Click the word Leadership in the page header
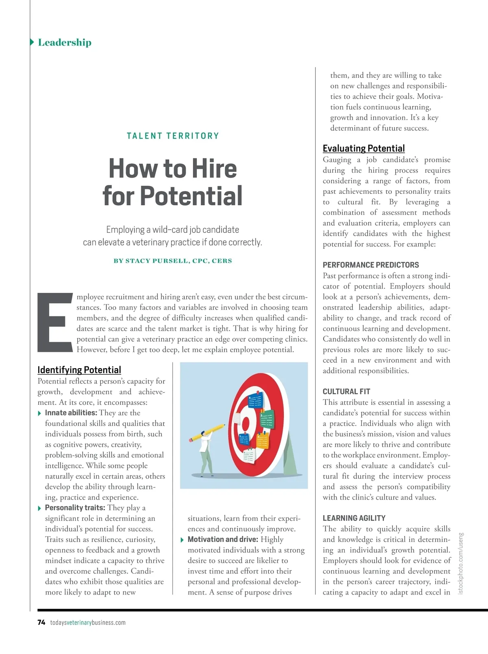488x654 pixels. [x=65, y=42]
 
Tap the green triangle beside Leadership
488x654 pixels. [x=32, y=42]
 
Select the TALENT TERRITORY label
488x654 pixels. [x=173, y=136]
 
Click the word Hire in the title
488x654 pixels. [x=214, y=169]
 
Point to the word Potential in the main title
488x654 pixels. [x=191, y=196]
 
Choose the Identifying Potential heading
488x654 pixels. [x=79, y=370]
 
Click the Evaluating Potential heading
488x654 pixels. [x=364, y=148]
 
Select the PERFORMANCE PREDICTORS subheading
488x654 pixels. [x=370, y=265]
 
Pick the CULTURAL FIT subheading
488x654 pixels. [x=346, y=392]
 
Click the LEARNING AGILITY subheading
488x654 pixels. [x=354, y=518]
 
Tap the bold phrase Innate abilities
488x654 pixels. [x=71, y=413]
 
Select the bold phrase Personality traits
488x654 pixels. [x=75, y=508]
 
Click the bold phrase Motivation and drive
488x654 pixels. [x=222, y=540]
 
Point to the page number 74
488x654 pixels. [x=41, y=622]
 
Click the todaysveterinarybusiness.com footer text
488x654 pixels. [x=88, y=623]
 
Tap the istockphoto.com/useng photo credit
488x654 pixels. [x=460, y=563]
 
